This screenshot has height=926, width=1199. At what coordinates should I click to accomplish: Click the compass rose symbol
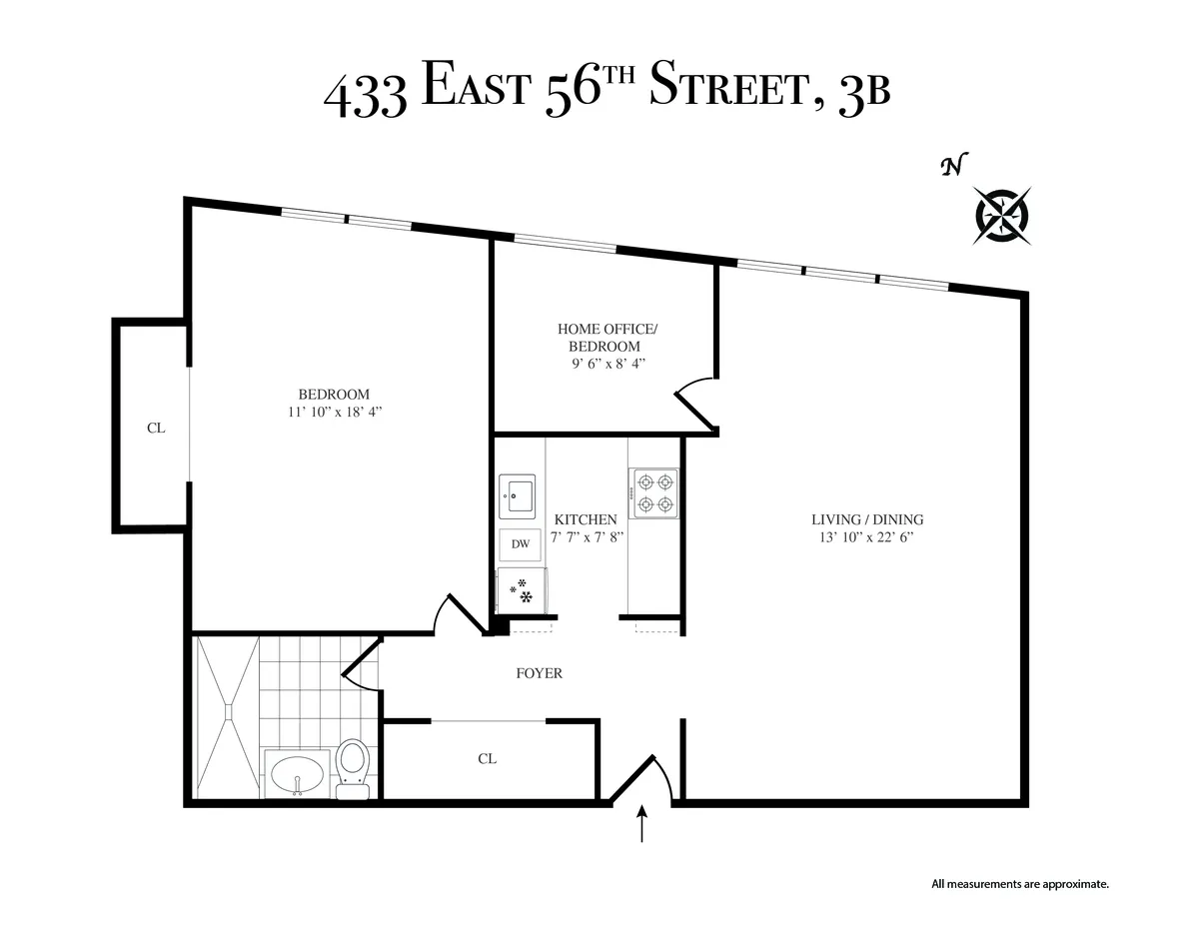(x=1002, y=216)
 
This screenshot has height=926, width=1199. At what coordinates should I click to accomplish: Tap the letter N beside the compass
(x=953, y=166)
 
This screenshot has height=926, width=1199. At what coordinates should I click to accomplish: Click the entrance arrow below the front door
(x=641, y=825)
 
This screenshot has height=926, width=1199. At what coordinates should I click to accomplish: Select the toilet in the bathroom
(x=352, y=767)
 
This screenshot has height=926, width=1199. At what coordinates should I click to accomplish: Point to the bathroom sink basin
(x=297, y=773)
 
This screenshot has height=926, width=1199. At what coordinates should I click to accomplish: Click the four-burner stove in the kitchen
(x=653, y=492)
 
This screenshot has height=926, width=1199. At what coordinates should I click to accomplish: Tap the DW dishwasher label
(x=520, y=544)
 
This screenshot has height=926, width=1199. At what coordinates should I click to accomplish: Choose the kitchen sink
(x=518, y=494)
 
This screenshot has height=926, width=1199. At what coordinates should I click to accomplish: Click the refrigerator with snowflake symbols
(x=522, y=589)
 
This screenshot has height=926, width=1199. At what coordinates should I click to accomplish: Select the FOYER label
(x=539, y=673)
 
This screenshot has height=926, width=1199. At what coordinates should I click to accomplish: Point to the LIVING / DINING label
(x=867, y=519)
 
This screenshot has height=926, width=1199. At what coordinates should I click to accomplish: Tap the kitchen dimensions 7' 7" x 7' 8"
(x=588, y=537)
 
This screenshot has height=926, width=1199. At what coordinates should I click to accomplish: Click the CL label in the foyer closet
(x=487, y=759)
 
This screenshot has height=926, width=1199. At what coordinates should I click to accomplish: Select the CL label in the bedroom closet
(x=156, y=428)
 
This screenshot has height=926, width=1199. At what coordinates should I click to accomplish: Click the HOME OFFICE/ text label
(x=606, y=329)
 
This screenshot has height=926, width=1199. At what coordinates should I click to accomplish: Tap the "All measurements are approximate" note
(x=1020, y=884)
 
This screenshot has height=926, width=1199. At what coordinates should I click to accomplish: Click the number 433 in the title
(x=365, y=96)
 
